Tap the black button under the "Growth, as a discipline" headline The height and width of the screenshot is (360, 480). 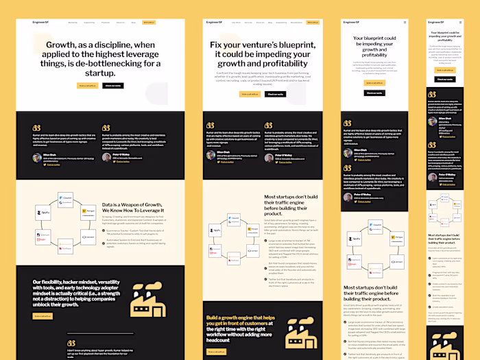114,86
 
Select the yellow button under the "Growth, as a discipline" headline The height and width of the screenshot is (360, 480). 87,86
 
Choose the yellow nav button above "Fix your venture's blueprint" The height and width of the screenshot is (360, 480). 313,22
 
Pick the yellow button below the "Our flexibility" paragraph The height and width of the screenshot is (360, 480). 41,316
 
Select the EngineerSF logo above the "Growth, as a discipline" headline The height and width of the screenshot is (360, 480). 40,22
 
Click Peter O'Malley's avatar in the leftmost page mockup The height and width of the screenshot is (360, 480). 106,157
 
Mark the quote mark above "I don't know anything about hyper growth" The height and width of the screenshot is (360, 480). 71,343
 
